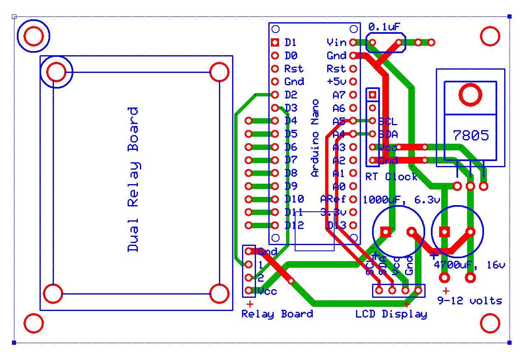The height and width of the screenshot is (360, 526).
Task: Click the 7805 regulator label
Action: (x=471, y=135)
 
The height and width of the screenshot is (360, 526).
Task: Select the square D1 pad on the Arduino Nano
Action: (x=275, y=42)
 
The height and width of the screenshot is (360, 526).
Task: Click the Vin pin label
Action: (x=336, y=42)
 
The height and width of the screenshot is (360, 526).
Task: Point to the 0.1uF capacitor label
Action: (x=384, y=27)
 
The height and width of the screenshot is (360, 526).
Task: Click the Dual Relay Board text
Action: (x=133, y=179)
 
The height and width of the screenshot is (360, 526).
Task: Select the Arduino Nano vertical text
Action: (x=315, y=138)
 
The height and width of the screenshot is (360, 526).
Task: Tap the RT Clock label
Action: (x=391, y=177)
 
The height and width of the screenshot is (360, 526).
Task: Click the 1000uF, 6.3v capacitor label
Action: (x=401, y=200)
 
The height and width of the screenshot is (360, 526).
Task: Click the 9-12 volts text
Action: (x=470, y=301)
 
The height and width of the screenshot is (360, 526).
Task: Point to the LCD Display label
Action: (x=391, y=314)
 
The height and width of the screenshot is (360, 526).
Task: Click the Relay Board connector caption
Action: (x=277, y=314)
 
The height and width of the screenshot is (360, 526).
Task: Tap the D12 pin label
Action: (x=294, y=225)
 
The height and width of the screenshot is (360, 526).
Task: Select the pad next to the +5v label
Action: (x=353, y=82)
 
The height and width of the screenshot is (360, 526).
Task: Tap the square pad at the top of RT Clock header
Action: (x=372, y=95)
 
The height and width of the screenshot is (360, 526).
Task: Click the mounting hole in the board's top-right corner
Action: (x=490, y=36)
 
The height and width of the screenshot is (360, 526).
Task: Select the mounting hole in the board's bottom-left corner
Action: (x=34, y=323)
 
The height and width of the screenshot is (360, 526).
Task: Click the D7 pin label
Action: (x=291, y=160)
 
